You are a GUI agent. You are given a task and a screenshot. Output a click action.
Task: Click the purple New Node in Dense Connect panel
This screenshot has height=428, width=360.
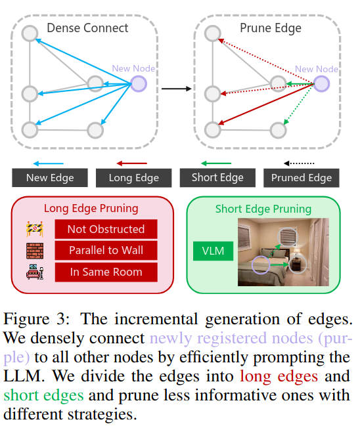tap(139, 83)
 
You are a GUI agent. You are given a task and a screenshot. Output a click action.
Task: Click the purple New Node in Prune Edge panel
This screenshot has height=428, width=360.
tap(321, 83)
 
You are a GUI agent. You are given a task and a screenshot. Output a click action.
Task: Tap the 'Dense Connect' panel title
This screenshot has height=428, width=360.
tap(87, 28)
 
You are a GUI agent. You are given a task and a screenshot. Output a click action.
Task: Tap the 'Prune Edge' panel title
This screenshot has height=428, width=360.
tap(270, 28)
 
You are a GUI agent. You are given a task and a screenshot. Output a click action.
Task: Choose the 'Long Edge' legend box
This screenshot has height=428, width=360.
tap(133, 178)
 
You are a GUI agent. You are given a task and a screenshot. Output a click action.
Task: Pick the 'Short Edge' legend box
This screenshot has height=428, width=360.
tap(217, 177)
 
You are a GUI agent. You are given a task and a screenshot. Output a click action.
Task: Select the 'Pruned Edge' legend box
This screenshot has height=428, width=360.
tap(302, 177)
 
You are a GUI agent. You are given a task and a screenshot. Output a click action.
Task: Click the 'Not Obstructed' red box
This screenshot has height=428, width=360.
tap(106, 229)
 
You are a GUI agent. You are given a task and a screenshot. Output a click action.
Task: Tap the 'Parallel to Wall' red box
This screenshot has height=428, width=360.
tap(106, 251)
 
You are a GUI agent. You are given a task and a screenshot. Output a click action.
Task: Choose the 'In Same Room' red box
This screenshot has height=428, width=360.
tap(106, 272)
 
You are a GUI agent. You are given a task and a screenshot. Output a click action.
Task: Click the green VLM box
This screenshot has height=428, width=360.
tap(212, 250)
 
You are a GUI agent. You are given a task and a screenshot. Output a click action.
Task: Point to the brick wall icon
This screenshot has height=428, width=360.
tap(34, 251)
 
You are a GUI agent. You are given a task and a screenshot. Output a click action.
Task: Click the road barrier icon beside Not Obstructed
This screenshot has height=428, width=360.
tap(34, 229)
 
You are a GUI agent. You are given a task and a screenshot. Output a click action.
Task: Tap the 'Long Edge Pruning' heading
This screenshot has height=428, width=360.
tap(91, 209)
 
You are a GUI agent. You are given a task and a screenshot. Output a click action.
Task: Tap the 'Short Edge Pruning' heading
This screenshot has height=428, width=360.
tap(263, 209)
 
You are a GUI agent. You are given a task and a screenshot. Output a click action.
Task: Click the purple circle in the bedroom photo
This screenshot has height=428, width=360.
tap(261, 266)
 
